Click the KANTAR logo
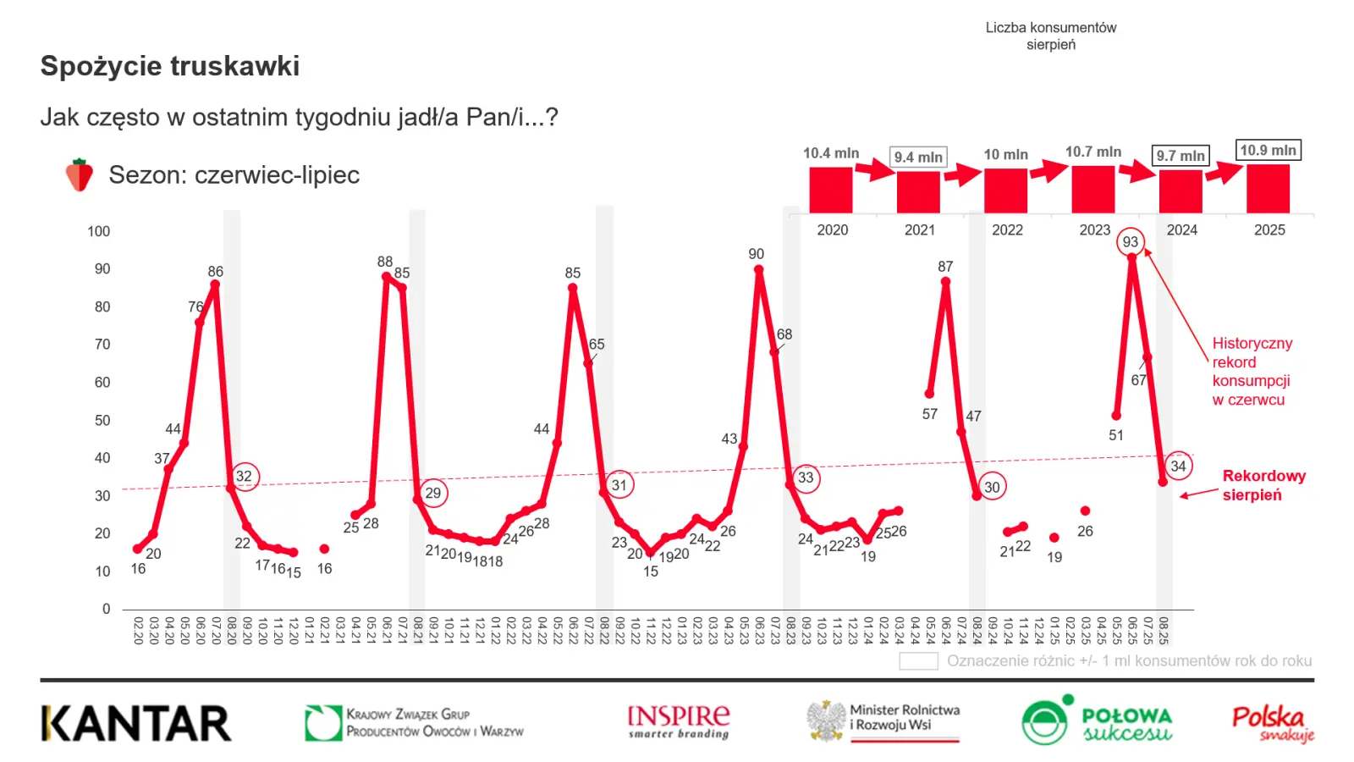[x=135, y=723]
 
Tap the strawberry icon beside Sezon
[x=80, y=175]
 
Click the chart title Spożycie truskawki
[x=170, y=66]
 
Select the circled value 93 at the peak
[x=1131, y=242]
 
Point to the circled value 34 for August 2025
[x=1178, y=467]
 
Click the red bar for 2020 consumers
[x=830, y=190]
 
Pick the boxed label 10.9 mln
[x=1268, y=151]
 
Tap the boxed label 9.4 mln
[x=918, y=157]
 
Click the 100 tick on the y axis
[x=99, y=231]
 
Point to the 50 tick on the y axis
[x=102, y=420]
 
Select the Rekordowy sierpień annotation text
[x=1263, y=485]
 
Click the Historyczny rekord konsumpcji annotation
[x=1252, y=372]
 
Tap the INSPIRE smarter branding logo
[x=679, y=721]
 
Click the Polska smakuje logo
[x=1273, y=723]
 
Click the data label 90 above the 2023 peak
[x=756, y=254]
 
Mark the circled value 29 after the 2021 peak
[x=432, y=493]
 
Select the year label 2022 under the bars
[x=1007, y=230]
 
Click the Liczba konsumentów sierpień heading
[x=1051, y=36]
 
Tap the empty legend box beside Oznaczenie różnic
[x=918, y=661]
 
